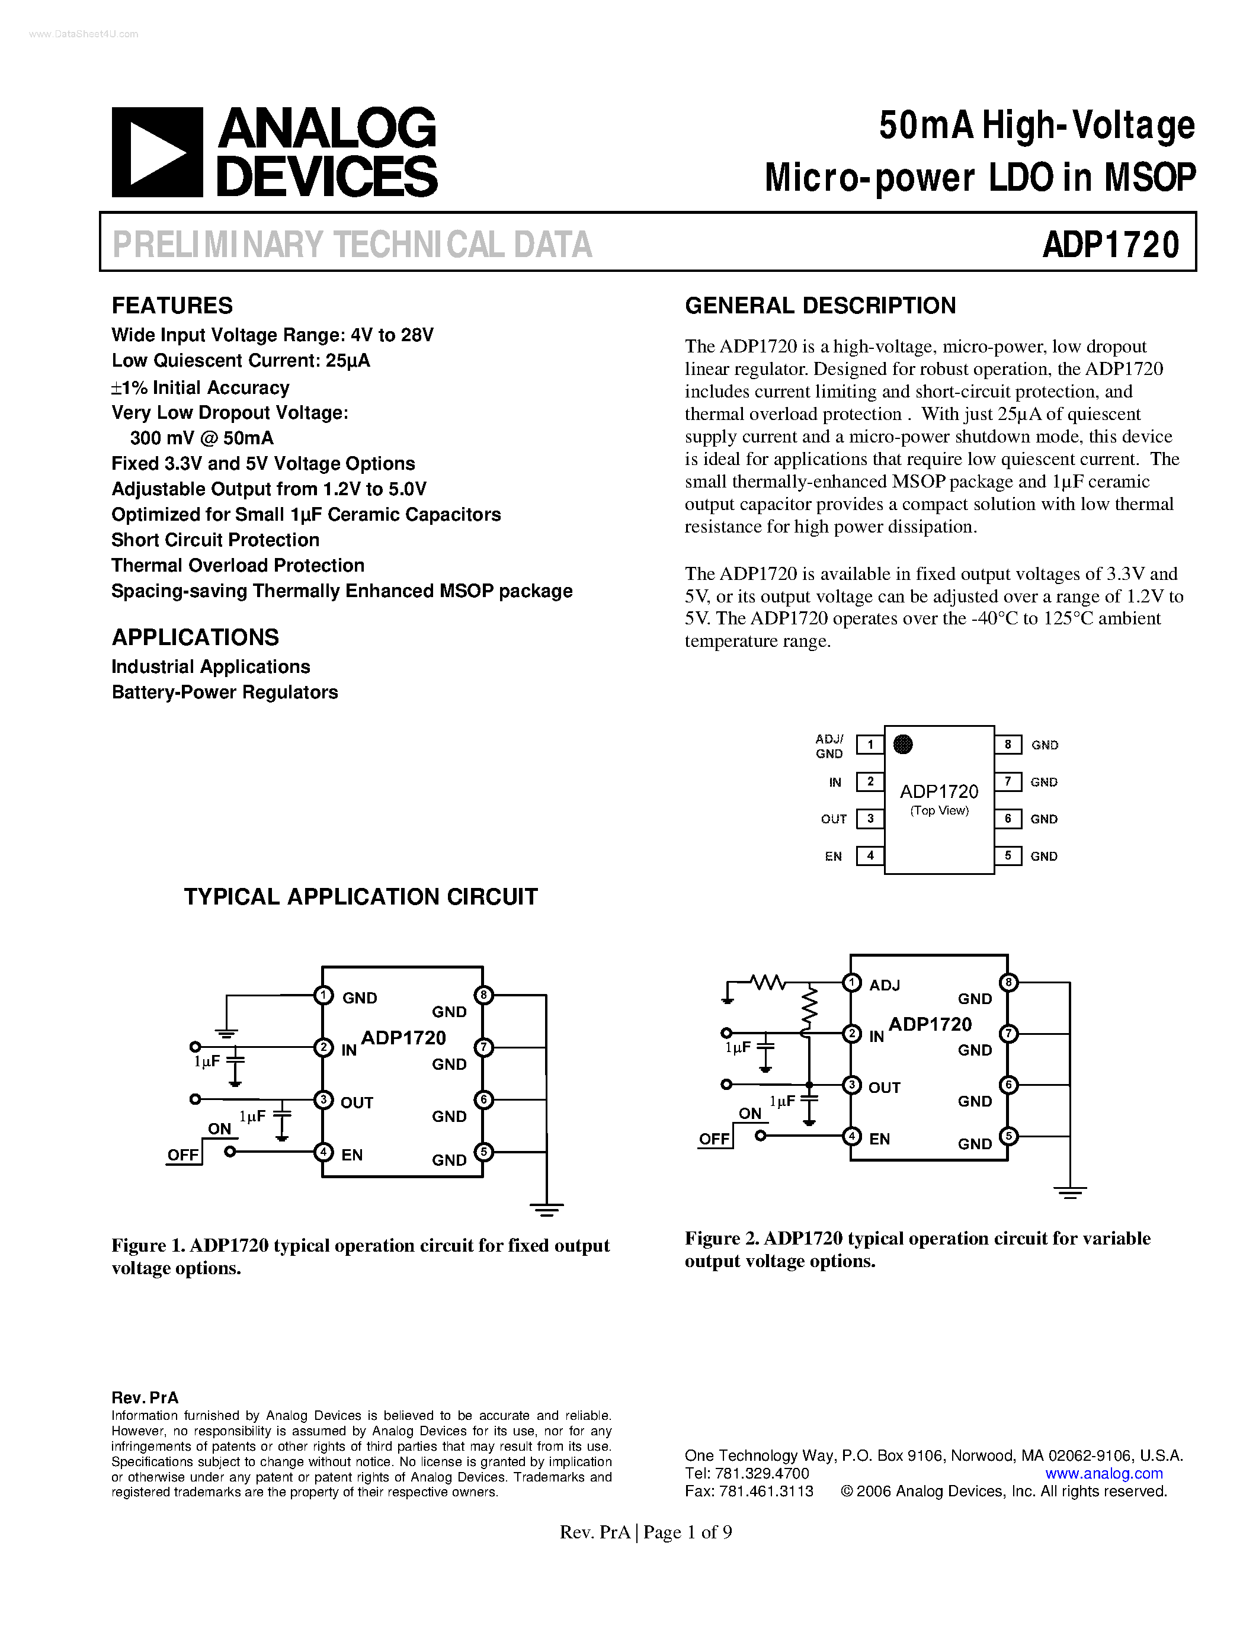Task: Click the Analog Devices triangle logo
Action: click(x=156, y=153)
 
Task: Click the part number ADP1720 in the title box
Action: click(x=1110, y=244)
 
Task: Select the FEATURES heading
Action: click(x=172, y=305)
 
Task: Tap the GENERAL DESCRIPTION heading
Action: click(x=820, y=305)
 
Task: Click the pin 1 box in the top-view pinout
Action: click(x=870, y=745)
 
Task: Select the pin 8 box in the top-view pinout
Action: click(x=1008, y=745)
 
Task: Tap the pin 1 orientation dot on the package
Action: click(x=902, y=745)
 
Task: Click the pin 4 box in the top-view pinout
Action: click(x=870, y=855)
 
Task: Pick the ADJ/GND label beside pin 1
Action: click(x=829, y=746)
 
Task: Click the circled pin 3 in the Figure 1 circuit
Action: click(x=323, y=1099)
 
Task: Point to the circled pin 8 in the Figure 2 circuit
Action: click(x=1008, y=982)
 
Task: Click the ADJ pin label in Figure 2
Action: click(x=885, y=985)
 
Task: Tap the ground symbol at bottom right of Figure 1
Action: click(x=547, y=1208)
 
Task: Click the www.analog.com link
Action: click(x=1104, y=1473)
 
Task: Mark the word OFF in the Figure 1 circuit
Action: click(x=182, y=1155)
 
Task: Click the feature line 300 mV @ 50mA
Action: click(x=201, y=438)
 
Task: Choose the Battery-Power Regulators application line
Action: click(x=225, y=692)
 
